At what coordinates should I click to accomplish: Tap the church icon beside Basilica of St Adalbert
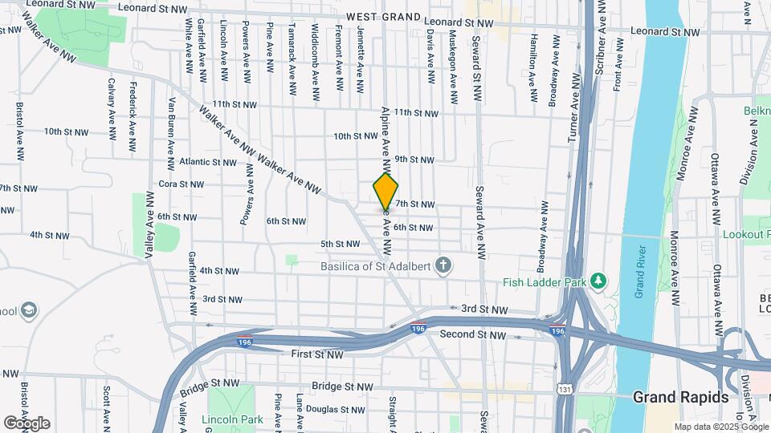tap(443, 265)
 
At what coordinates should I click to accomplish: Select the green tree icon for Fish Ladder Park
tap(597, 281)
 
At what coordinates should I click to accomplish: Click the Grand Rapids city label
tap(680, 397)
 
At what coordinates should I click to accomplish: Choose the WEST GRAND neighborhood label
tap(384, 17)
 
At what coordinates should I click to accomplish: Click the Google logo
tap(27, 423)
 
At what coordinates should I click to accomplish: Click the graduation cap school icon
tap(29, 310)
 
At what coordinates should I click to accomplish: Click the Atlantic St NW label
tap(207, 162)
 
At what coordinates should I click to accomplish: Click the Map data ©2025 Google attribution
tap(720, 427)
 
